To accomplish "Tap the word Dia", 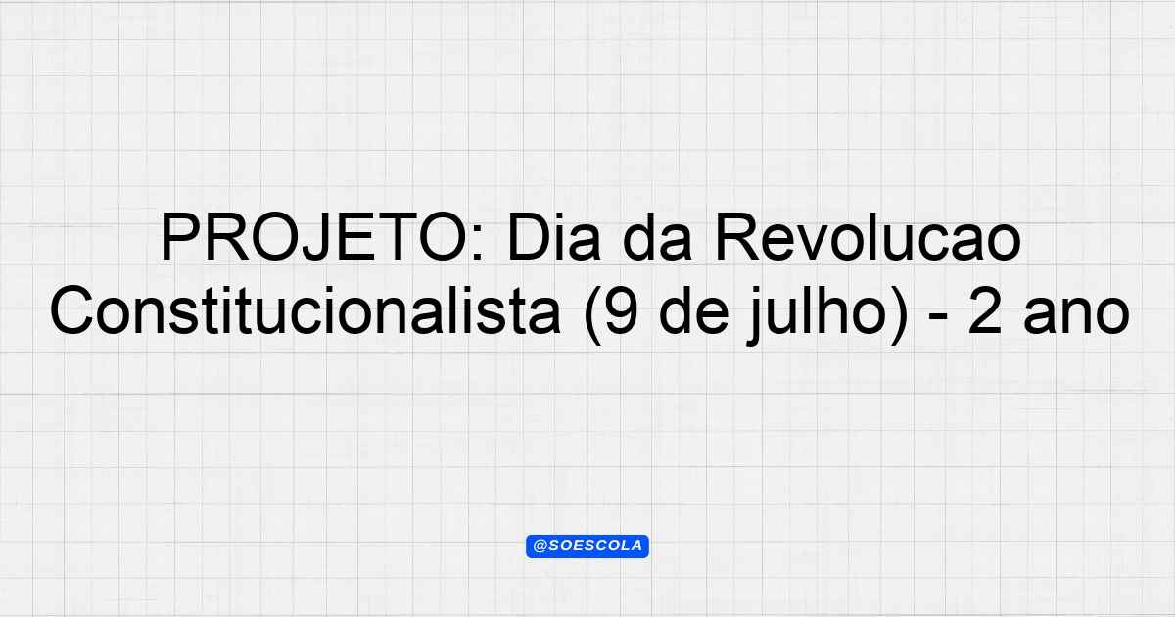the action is (553, 236).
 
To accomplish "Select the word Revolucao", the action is (869, 236).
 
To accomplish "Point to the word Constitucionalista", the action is (305, 310).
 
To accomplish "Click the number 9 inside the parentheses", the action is (622, 310).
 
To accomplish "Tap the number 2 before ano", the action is (985, 310).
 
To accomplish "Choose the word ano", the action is (1076, 317).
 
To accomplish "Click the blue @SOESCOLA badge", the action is (587, 546).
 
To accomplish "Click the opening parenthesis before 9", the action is (592, 314).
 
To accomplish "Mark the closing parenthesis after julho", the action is (898, 314).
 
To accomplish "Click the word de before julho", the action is (693, 311).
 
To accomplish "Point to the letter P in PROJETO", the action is (180, 237).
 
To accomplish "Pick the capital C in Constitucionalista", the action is (71, 310).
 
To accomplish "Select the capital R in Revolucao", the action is (737, 237).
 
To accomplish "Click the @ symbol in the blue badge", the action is (540, 546).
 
